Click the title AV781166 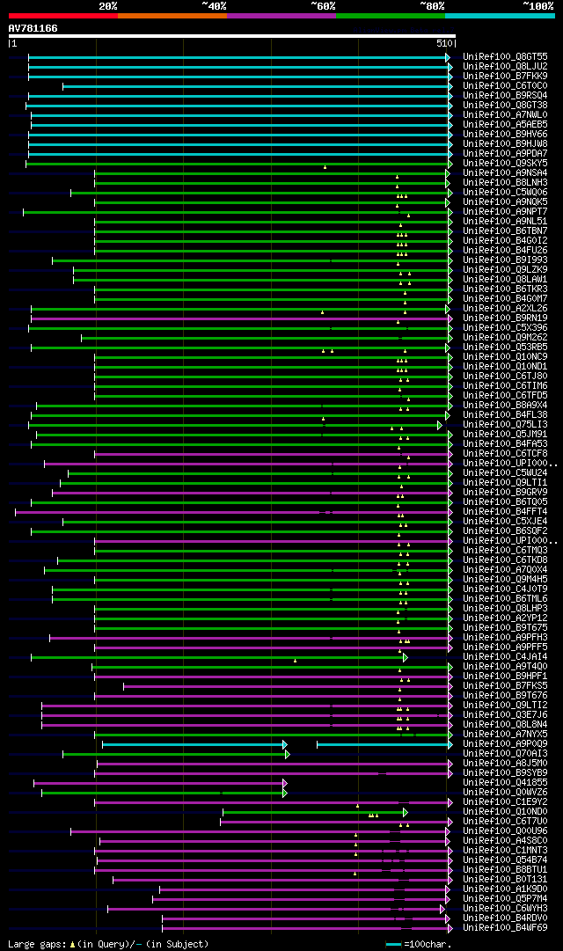coord(33,28)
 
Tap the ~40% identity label coord(214,5)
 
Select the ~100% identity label coord(537,5)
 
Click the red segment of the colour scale coord(62,15)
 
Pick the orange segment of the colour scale coord(172,15)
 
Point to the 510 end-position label coord(443,43)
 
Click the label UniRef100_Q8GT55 coord(504,56)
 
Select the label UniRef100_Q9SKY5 coord(504,163)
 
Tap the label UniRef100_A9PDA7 coord(504,153)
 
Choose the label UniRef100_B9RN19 coord(504,318)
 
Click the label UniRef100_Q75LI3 coord(504,424)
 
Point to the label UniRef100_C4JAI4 coord(504,656)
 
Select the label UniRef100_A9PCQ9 coord(504,743)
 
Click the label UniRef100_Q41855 coord(504,782)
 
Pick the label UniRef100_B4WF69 coord(504,927)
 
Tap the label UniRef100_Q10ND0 coord(504,811)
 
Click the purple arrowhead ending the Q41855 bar coord(285,783)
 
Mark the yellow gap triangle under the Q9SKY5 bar coord(325,167)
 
